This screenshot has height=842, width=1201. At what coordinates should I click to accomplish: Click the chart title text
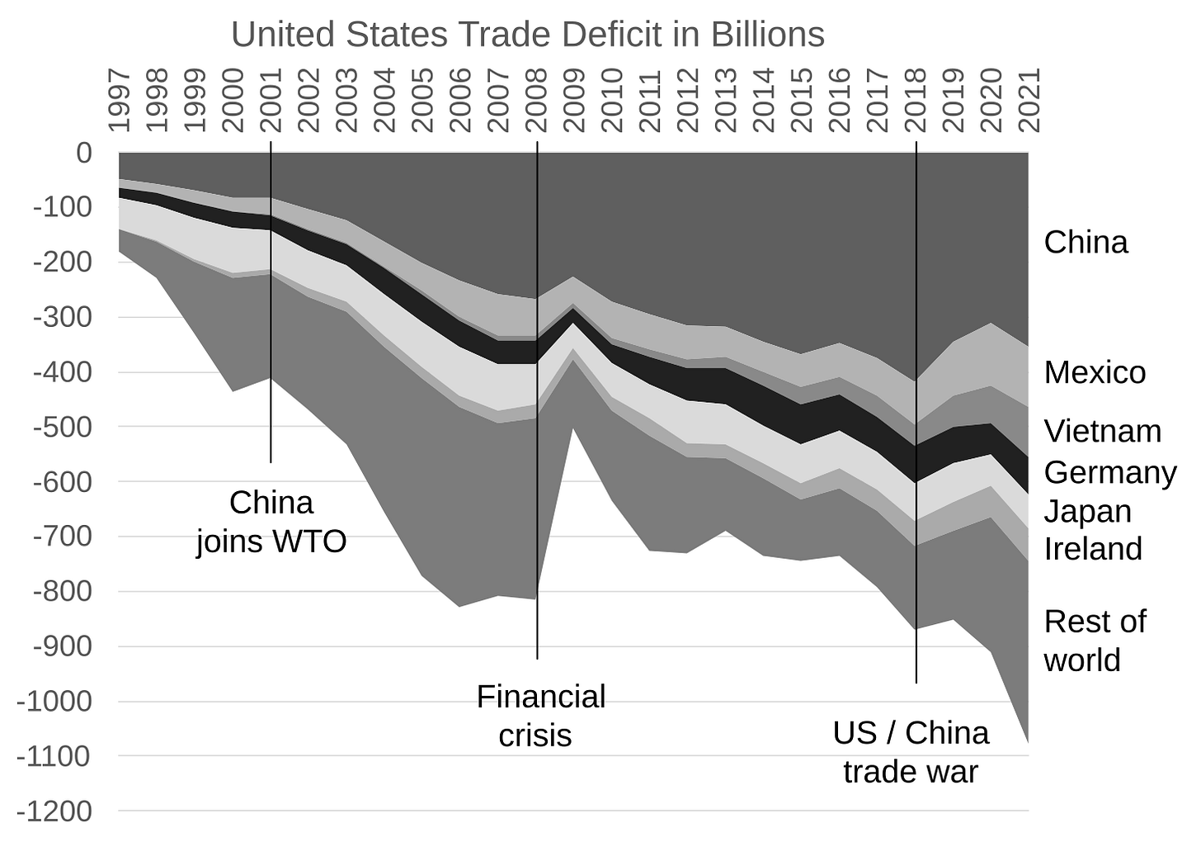527,35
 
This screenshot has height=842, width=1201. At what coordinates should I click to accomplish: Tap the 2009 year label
575,100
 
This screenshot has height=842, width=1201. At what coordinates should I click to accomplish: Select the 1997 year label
120,100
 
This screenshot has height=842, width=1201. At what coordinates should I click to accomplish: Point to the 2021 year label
1029,100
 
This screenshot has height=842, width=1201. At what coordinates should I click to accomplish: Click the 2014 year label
764,100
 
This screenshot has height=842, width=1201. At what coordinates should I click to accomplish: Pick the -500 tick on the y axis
63,427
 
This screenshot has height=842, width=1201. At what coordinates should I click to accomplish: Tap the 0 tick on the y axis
83,153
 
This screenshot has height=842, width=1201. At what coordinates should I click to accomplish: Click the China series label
1085,242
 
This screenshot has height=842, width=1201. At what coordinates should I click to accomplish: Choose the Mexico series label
1094,372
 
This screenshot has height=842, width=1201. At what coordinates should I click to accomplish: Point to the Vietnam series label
1102,431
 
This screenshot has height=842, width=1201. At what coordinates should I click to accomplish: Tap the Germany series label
1109,472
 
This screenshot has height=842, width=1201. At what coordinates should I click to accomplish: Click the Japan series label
1087,511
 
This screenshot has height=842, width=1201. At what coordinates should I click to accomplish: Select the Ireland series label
1092,548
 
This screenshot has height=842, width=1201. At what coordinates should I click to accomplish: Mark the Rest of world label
1094,641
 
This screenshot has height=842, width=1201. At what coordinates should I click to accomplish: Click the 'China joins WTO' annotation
271,522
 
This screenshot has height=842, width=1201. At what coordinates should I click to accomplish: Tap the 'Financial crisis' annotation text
540,715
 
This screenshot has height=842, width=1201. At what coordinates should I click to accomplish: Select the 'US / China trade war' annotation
910,752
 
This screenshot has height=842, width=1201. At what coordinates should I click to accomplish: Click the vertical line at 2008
537,495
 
